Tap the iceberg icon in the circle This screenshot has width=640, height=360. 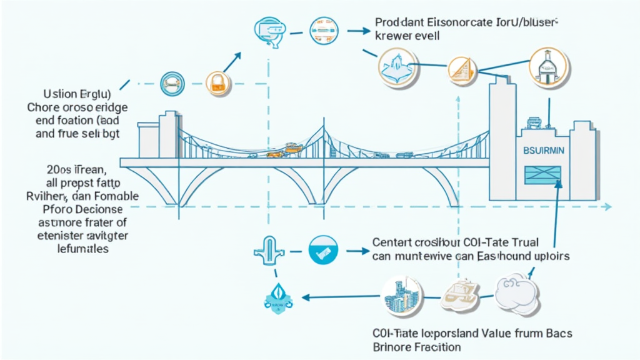coord(397,66)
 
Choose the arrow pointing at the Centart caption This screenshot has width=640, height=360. coord(356,251)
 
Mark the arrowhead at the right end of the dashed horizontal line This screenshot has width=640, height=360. coord(607,207)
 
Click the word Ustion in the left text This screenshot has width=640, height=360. coord(56,95)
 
